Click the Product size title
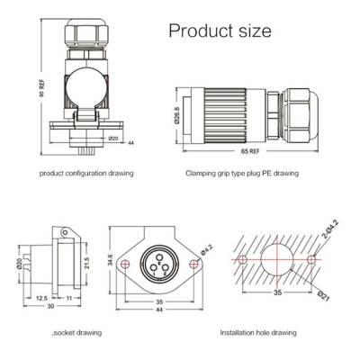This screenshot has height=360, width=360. click(x=220, y=31)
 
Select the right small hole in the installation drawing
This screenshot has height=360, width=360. click(x=311, y=258)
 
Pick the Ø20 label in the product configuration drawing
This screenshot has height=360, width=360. click(x=113, y=139)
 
